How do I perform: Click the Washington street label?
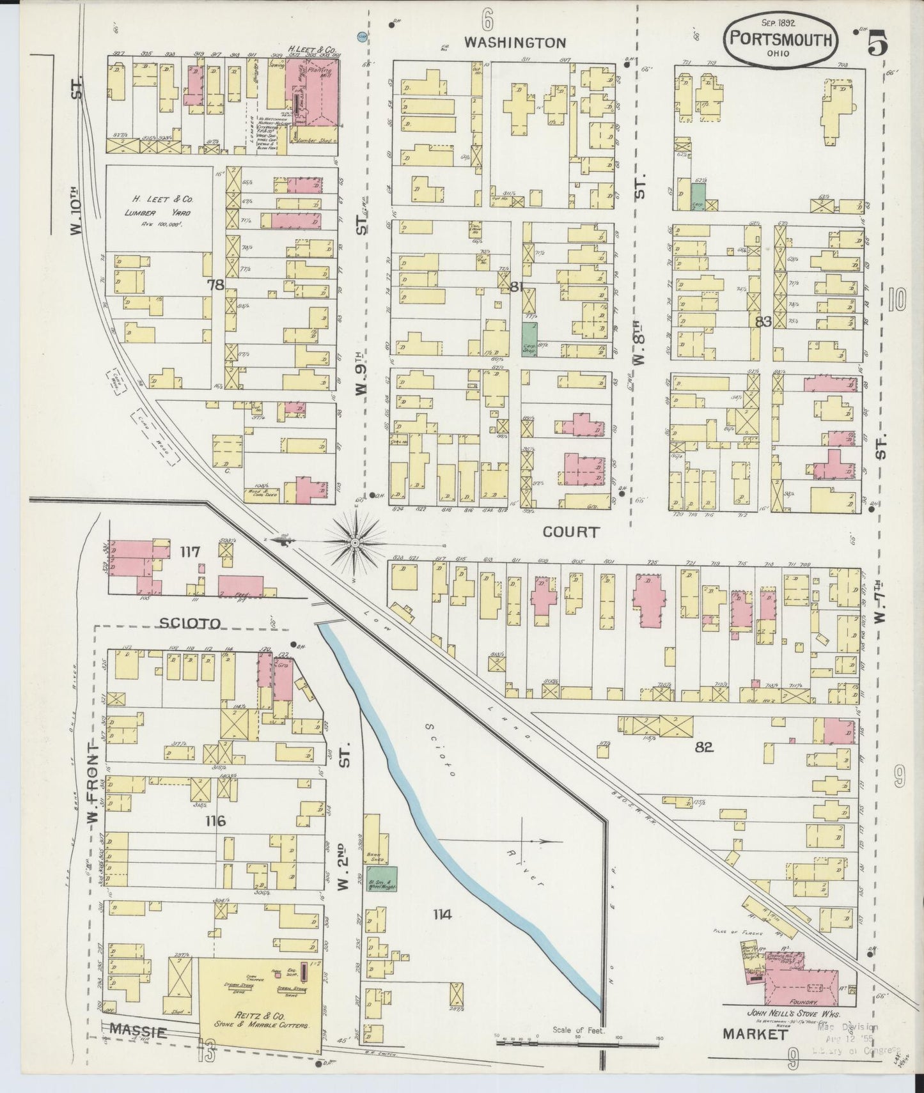click(x=515, y=43)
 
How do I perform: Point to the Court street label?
click(x=571, y=531)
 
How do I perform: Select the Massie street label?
click(x=138, y=1031)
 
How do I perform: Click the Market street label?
click(x=754, y=1034)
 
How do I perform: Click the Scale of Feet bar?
click(x=579, y=1043)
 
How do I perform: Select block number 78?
click(x=215, y=285)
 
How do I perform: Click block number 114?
click(x=441, y=915)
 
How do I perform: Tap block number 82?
click(x=705, y=746)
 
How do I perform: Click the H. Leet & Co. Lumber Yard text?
click(x=159, y=205)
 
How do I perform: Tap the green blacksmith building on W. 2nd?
click(x=382, y=878)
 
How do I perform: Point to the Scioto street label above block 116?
click(x=181, y=623)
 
